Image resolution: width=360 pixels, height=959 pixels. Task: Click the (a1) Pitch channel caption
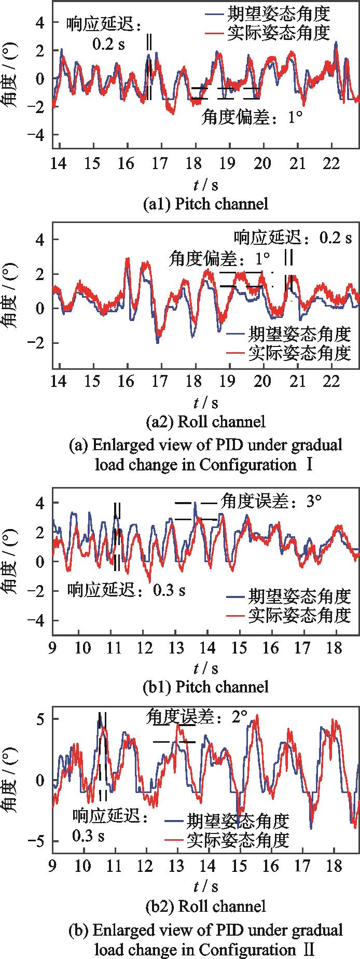click(x=206, y=204)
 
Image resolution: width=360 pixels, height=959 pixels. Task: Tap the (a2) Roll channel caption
click(x=206, y=421)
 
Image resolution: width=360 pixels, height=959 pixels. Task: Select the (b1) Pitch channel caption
click(x=206, y=687)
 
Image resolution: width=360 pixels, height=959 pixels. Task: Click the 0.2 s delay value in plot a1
click(x=108, y=45)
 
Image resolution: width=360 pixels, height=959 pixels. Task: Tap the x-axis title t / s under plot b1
click(x=206, y=668)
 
